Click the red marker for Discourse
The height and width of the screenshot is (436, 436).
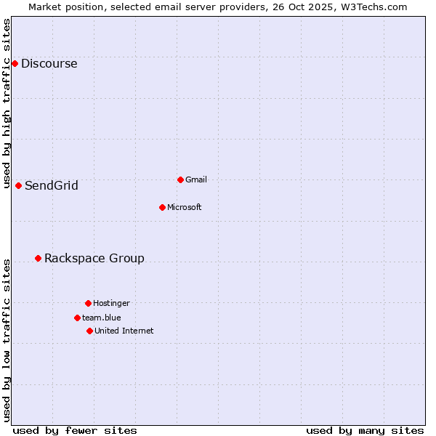(15, 63)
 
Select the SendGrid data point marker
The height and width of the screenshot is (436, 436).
(18, 185)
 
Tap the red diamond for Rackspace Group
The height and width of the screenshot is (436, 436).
(38, 258)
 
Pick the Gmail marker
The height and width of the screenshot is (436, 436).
(180, 179)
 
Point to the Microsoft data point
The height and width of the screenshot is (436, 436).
(162, 207)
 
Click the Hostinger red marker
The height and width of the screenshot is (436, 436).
(88, 303)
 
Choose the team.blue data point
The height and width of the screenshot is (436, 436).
(77, 318)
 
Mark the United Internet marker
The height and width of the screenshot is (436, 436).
(89, 331)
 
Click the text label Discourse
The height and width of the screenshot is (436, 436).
(49, 63)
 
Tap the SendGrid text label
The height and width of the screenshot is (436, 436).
(51, 185)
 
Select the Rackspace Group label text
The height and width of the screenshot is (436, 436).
(94, 258)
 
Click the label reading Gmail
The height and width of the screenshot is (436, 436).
(196, 179)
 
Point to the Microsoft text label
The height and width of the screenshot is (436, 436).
(184, 207)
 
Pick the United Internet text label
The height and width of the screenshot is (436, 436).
(124, 331)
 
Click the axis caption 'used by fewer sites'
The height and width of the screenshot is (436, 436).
(75, 430)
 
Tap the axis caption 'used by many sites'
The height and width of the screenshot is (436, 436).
(365, 430)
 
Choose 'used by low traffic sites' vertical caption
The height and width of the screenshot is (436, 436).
(7, 339)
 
